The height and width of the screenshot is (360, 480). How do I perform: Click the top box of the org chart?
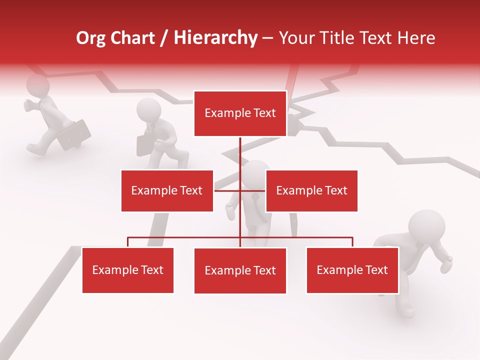point(240,113)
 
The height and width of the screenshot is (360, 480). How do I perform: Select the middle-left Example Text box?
point(167,190)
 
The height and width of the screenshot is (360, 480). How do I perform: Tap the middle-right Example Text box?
point(311,190)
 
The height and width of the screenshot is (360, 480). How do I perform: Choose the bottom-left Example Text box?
point(128,270)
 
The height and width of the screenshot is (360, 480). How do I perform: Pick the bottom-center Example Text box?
point(240,270)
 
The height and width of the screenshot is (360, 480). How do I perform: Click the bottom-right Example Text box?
point(352,270)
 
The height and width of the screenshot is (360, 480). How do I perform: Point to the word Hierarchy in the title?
point(215,38)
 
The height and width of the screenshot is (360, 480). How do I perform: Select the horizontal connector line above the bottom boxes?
point(185,237)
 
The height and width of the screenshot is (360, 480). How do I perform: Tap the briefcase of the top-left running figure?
point(75,134)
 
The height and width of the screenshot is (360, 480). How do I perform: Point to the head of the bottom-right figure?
point(426,226)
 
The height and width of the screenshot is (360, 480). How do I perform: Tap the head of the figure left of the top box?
point(148,110)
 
